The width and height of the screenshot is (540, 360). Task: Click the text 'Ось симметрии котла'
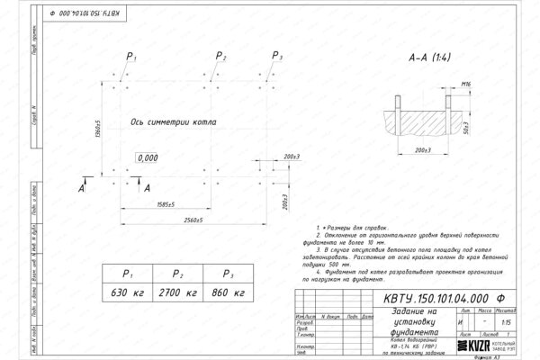[x=171, y=121]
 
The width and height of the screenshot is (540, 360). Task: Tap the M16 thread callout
[x=466, y=84]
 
